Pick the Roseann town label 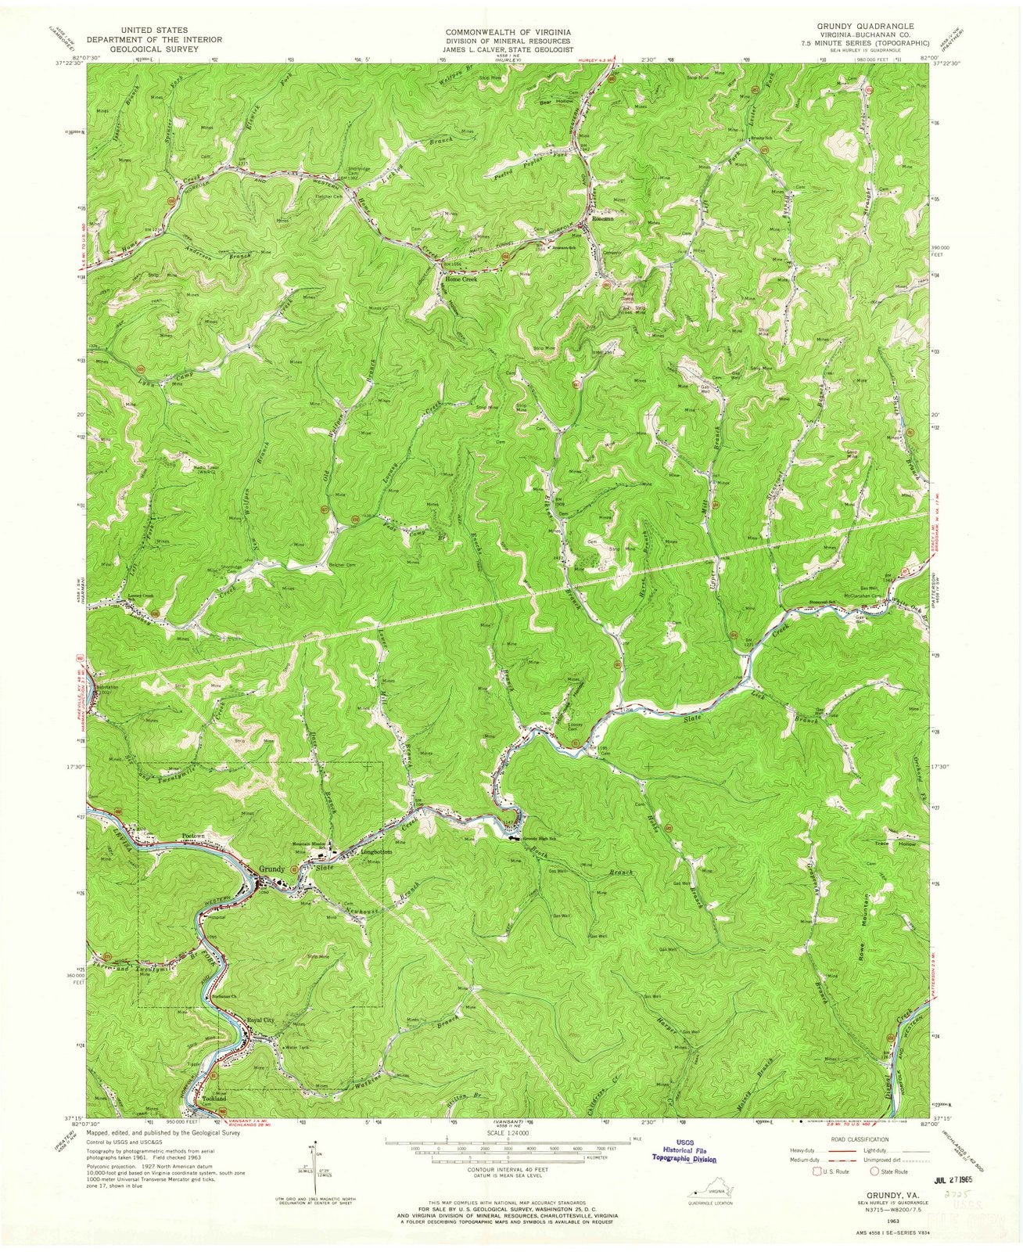tap(603, 219)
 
